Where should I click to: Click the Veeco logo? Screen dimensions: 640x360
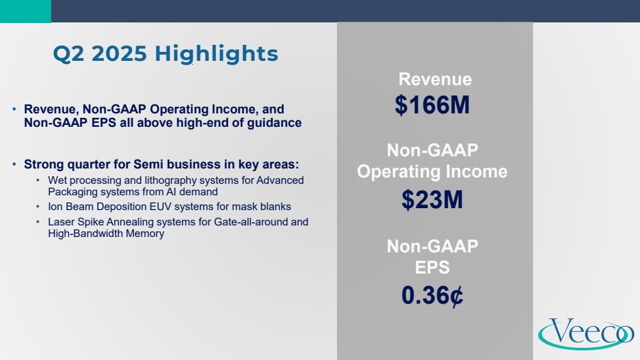586,334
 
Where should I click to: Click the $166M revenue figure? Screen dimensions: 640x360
432,105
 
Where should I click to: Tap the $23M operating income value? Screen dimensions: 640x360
432,200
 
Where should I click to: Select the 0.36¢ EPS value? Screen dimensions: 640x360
432,295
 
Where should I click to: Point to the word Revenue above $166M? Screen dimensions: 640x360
435,79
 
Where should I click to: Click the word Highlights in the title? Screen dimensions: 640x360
217,54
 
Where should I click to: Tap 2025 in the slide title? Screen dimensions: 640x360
119,54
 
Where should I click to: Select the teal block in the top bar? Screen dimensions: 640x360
26,11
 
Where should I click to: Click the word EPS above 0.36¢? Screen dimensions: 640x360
432,268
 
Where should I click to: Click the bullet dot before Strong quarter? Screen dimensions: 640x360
14,164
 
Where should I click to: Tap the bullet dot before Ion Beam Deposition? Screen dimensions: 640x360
38,206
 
